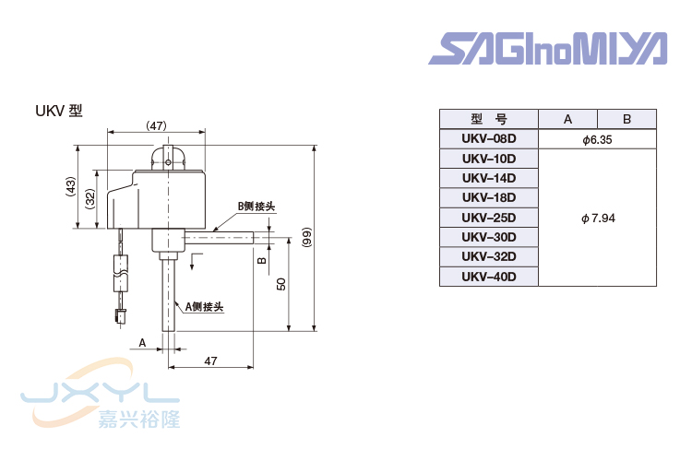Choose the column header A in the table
pos(567,119)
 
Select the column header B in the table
pos(626,119)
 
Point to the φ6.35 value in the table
pos(597,139)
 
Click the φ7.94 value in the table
pos(597,218)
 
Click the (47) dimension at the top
pos(156,124)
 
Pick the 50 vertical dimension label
pos(280,284)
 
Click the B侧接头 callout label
pos(256,207)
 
